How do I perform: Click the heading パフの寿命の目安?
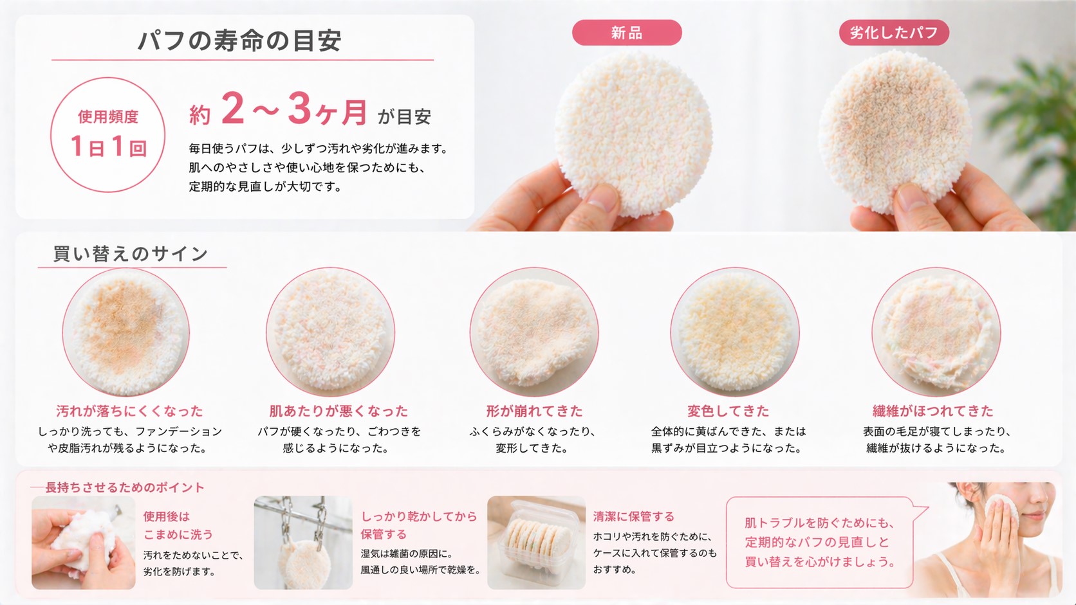coord(239,41)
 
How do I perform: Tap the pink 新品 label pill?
coord(626,33)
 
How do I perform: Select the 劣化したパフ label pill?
coord(893,33)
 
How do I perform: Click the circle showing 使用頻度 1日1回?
coord(107,135)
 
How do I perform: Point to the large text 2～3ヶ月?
coord(293,110)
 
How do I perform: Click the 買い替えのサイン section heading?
coord(131,254)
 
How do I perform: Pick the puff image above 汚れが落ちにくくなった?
coord(126,332)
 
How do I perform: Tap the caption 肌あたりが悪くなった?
coord(338,411)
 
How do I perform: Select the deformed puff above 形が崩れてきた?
coord(533,332)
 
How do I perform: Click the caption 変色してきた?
coord(728,411)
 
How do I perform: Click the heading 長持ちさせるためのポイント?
coord(125,487)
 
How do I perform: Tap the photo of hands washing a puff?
coord(84,543)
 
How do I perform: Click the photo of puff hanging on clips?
coord(303,543)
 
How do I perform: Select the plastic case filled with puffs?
coord(536,543)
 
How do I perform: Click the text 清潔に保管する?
coord(633,516)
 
